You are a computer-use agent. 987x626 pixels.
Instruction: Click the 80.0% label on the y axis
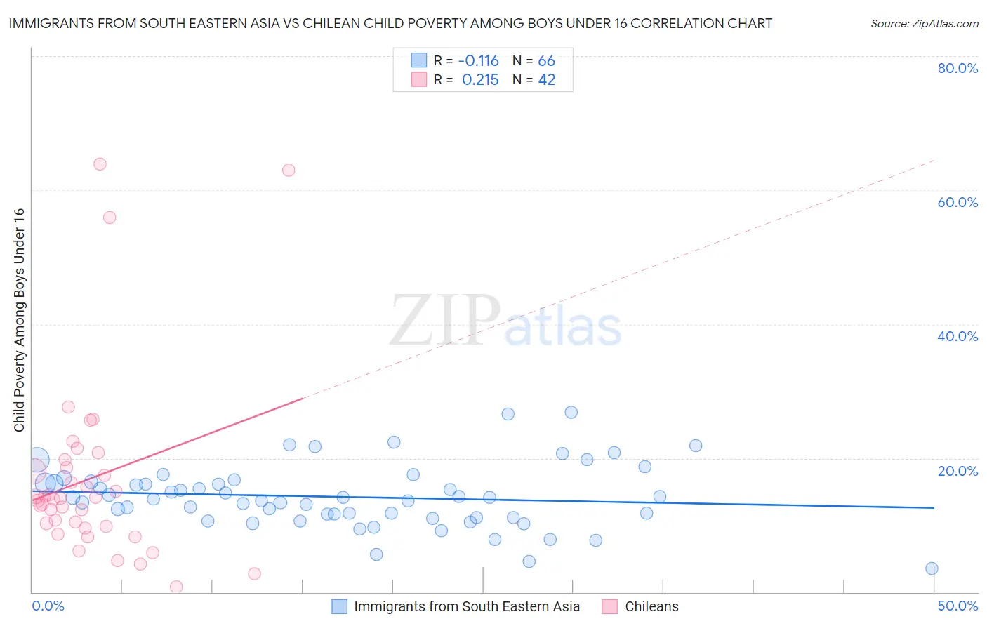click(958, 68)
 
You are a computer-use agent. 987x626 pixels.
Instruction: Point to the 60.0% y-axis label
click(958, 202)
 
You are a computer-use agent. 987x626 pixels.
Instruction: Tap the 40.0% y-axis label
click(958, 336)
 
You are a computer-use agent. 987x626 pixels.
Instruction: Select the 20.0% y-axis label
click(958, 470)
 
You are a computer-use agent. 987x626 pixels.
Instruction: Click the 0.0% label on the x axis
click(48, 606)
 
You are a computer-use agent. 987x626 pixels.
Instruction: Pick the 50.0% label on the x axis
click(958, 606)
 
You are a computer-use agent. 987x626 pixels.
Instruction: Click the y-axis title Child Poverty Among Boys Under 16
click(19, 320)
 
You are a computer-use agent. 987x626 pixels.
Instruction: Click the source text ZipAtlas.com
click(924, 23)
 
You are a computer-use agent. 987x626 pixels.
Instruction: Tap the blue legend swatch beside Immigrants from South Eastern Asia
click(340, 606)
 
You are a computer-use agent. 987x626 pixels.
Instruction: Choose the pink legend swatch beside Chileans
click(609, 606)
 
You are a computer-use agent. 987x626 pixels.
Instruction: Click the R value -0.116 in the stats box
click(478, 60)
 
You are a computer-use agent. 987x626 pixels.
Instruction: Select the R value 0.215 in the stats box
click(480, 80)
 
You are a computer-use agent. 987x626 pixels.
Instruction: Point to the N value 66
click(546, 60)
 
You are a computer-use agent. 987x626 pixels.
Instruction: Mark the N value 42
click(546, 80)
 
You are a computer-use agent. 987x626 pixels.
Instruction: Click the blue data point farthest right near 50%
click(932, 568)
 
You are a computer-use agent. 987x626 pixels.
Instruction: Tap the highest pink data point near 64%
click(100, 164)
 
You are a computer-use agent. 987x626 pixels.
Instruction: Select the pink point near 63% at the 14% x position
click(288, 170)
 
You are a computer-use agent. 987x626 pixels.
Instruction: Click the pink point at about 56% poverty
click(110, 218)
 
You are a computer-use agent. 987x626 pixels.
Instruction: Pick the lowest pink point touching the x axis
click(176, 587)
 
